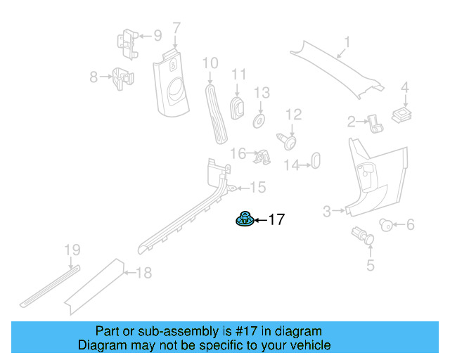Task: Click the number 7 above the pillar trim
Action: pos(176,28)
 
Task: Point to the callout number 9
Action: pos(157,34)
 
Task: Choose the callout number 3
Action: pos(326,211)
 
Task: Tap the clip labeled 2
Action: pos(375,125)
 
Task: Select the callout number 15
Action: pos(258,187)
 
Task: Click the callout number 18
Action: pos(143,273)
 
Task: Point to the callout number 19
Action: pos(72,250)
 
